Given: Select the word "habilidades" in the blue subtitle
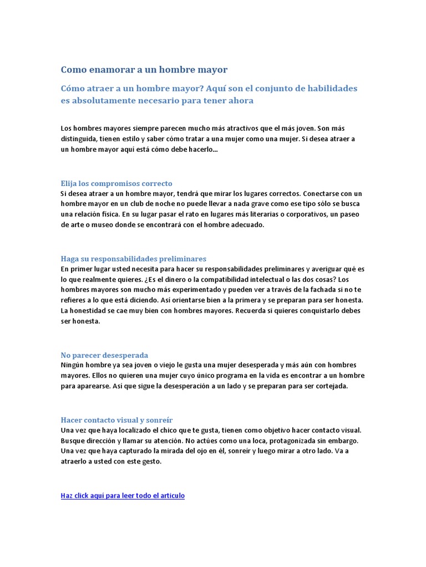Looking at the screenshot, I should pos(331,89).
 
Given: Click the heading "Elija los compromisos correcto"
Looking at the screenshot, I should pos(116,183).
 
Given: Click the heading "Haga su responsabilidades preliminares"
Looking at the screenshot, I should pos(133,259).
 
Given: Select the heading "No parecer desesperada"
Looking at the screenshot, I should pos(104,355).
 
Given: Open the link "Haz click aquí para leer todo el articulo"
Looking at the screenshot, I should pos(123,496).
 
